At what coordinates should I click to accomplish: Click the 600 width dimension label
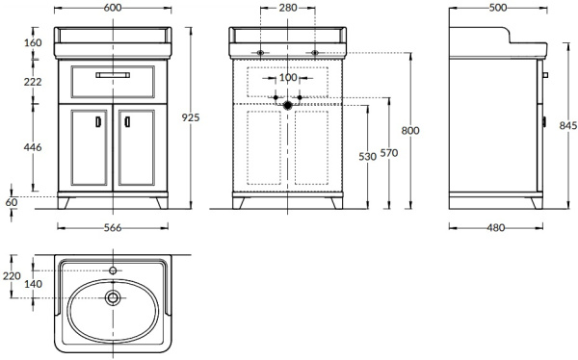113,8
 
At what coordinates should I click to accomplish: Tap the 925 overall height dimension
191,117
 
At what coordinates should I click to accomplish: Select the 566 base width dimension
113,228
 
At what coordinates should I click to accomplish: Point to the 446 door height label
33,147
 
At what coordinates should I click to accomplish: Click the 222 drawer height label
33,82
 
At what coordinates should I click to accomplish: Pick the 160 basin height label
33,42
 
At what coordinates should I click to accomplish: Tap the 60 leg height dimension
12,202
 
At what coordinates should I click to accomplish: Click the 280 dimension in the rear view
288,8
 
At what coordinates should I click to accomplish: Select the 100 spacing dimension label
288,78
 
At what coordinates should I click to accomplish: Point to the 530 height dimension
368,157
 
